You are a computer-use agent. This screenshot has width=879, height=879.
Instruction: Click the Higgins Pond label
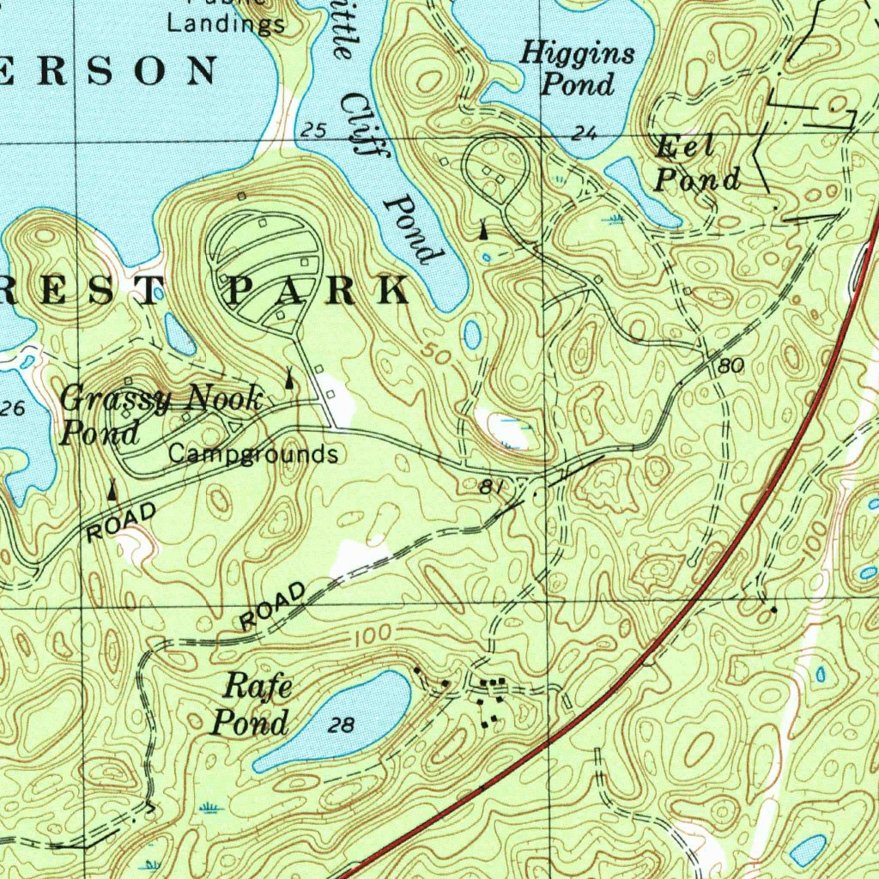[x=578, y=69]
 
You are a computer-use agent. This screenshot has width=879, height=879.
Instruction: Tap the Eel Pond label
[x=698, y=163]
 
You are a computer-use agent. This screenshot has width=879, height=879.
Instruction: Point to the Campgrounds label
[x=252, y=454]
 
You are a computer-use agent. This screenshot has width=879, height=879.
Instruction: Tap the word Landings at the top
[x=226, y=23]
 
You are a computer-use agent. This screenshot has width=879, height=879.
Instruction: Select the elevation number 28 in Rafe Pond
[x=342, y=726]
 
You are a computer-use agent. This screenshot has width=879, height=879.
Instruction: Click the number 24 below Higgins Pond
[x=585, y=133]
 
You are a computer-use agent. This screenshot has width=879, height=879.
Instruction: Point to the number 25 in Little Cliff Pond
[x=314, y=130]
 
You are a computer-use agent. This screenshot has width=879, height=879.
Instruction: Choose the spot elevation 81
[x=492, y=488]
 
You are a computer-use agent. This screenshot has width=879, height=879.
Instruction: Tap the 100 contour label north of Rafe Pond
[x=371, y=634]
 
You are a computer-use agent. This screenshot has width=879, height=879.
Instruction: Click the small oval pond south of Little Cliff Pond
[x=471, y=333]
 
